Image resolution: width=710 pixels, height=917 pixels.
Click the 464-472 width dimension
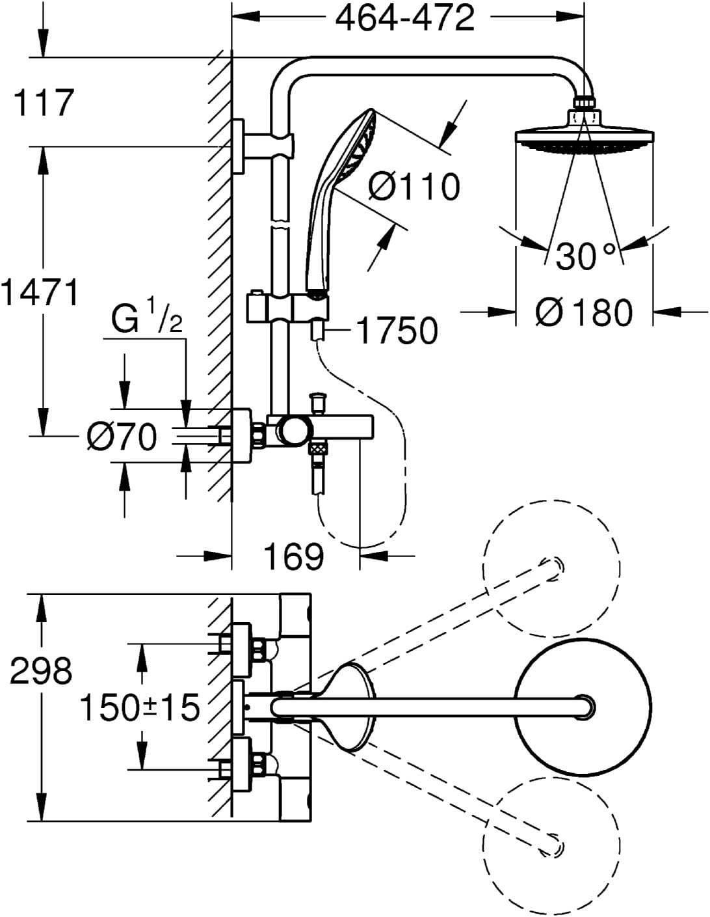click(x=404, y=19)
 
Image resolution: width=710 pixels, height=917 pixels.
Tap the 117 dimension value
click(x=44, y=103)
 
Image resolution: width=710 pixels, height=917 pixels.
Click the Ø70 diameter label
click(x=122, y=436)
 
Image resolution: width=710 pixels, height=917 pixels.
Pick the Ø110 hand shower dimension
click(x=414, y=187)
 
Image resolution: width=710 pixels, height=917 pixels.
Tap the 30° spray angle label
click(x=585, y=256)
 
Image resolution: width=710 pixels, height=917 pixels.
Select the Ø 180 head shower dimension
click(x=584, y=312)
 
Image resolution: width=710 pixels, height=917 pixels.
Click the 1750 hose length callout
click(x=397, y=331)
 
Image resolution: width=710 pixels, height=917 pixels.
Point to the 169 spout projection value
click(x=294, y=556)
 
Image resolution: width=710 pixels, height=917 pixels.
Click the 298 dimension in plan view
click(x=40, y=670)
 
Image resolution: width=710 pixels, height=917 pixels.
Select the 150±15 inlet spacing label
click(x=139, y=707)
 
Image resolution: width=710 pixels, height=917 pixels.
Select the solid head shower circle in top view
click(x=583, y=707)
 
